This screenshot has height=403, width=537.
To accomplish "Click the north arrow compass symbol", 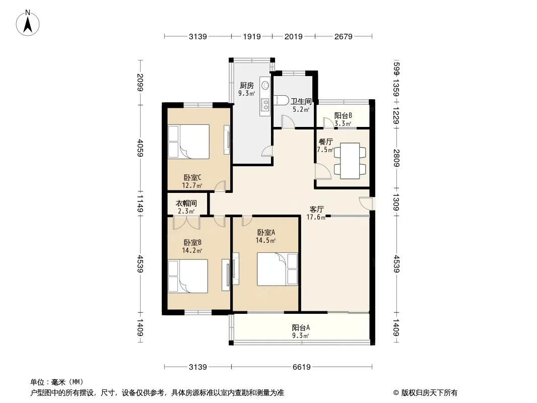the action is [28, 23].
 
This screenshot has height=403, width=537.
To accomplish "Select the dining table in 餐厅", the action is [350, 161].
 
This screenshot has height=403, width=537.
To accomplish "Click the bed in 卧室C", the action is [188, 142].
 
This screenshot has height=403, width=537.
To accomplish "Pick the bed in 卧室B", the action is [188, 276].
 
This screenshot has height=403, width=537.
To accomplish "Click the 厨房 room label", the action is [246, 85].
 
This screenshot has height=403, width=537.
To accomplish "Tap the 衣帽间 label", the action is [186, 204].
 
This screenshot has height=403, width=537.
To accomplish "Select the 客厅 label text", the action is [316, 209].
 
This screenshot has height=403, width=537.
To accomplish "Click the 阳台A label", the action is [301, 327].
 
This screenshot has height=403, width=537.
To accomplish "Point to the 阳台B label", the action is [343, 116].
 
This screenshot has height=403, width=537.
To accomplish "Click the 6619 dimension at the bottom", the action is [301, 367].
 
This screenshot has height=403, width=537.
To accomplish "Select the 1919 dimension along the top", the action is [252, 36].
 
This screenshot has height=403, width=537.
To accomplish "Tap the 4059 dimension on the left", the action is [140, 148].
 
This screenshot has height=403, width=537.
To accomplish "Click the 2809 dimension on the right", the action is [396, 158].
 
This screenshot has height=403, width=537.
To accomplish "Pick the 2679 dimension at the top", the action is [343, 36].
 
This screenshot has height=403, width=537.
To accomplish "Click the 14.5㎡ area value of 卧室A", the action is [266, 240].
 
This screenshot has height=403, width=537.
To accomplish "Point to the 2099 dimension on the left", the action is [140, 83].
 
